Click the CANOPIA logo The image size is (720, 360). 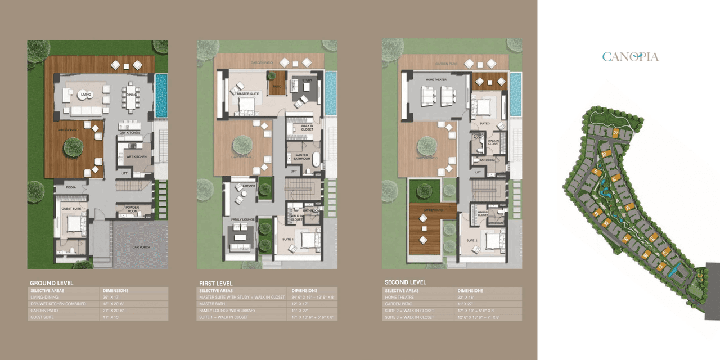630,56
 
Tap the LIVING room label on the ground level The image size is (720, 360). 84,94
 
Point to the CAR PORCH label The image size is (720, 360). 139,246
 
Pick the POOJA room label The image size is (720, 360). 71,187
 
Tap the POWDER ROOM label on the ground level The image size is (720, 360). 132,209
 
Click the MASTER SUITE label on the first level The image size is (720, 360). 247,94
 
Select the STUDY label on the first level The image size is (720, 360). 307,80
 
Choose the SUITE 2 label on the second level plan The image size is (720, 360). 471,240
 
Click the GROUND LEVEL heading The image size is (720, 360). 51,282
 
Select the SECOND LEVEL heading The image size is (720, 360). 406,282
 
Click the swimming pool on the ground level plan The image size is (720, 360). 161,96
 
